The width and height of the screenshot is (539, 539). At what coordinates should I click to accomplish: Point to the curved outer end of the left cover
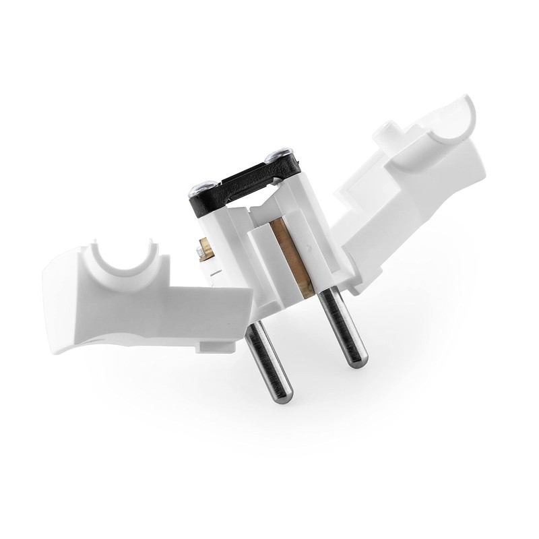pos(57,303)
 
